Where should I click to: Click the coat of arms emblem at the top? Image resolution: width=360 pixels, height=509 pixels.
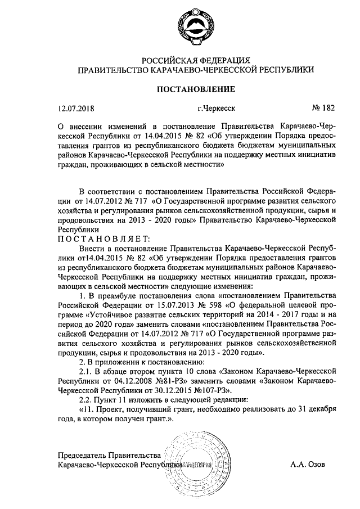(180, 29)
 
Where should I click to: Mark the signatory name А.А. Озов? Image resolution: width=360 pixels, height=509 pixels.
(308, 466)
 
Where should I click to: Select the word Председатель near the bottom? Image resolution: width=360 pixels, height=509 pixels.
(82, 456)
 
